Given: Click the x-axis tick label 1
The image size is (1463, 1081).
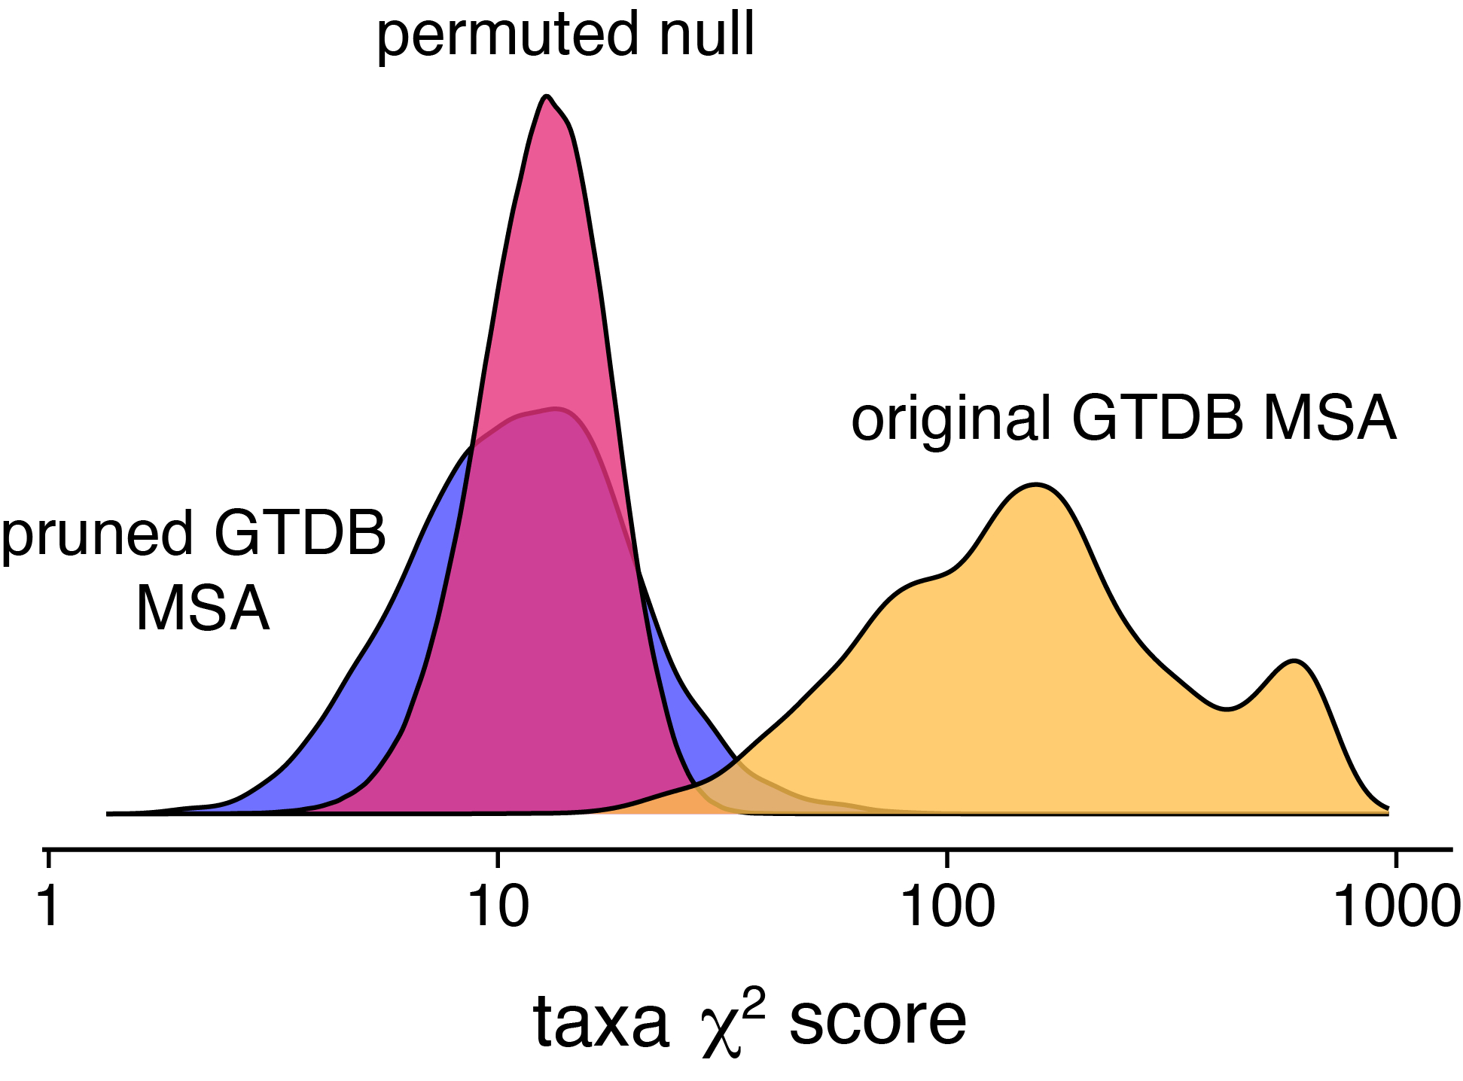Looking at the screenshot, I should click(x=49, y=907).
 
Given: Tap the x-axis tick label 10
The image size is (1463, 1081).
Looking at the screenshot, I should click(x=498, y=907).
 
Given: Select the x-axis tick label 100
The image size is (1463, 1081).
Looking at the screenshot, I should click(x=947, y=907).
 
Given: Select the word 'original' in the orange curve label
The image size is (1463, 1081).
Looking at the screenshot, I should click(x=950, y=419).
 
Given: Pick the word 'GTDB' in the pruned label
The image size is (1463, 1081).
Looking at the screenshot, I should click(x=300, y=533).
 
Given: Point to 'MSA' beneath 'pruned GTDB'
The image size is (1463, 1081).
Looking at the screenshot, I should click(x=203, y=608).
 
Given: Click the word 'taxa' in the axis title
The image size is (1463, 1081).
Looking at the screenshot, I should click(x=601, y=1022).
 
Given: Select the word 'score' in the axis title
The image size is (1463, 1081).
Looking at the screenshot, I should click(x=877, y=1022).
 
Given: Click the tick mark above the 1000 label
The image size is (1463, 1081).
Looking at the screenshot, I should click(x=1397, y=858).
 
